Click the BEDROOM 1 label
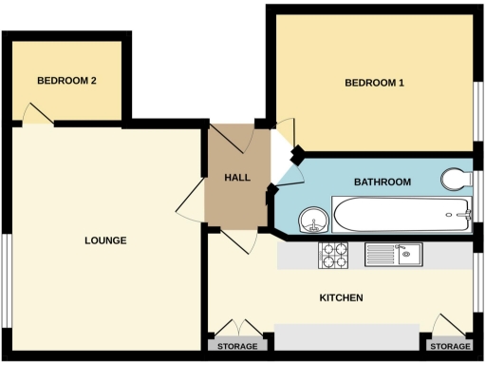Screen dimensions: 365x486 point(374,84)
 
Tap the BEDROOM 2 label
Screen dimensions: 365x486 point(66,81)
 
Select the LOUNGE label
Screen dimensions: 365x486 point(104,240)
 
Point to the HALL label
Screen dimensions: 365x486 point(236,179)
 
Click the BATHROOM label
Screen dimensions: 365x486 point(382,182)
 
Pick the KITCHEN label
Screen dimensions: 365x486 point(341,298)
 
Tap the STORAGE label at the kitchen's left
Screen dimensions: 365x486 point(237,346)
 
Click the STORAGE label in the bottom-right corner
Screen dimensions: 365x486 point(450,346)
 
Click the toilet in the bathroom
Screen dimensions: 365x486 point(458,179)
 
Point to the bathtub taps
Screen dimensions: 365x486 point(463,215)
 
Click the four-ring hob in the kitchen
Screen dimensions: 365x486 point(335,255)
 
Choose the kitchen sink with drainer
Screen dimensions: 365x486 point(393,254)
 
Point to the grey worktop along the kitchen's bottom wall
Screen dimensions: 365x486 point(346,336)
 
